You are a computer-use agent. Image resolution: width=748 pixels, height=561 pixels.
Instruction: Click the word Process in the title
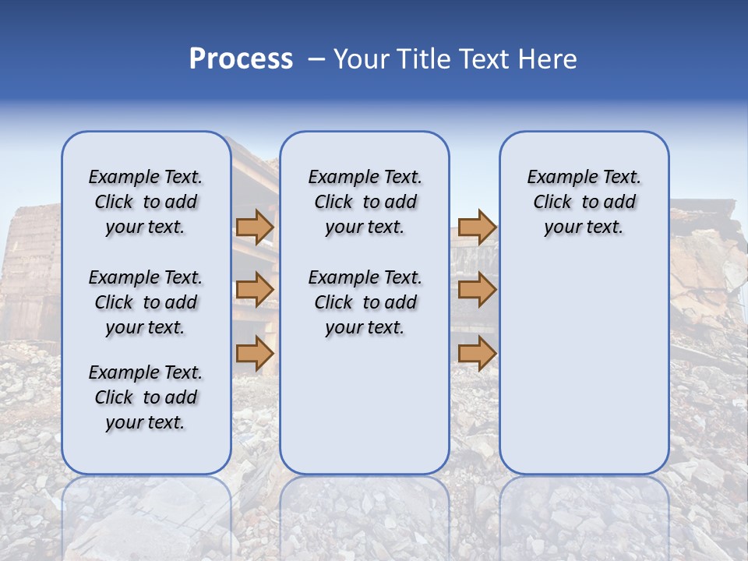point(241,59)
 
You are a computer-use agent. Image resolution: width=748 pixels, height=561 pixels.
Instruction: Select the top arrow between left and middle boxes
point(255,227)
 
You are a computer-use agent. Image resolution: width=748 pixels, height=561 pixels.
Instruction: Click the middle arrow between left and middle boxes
point(255,291)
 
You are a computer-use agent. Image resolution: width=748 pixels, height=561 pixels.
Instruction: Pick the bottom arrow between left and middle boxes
point(255,354)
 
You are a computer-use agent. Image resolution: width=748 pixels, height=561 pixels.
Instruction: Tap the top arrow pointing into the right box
point(477,227)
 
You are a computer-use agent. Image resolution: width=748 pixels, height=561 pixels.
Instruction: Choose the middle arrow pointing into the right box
point(477,291)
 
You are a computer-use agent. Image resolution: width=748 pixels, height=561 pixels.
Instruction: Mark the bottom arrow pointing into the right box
point(477,354)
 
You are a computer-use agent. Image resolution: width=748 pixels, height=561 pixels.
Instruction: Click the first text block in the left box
point(146,202)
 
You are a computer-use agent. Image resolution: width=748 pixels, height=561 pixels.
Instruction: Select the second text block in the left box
point(146,302)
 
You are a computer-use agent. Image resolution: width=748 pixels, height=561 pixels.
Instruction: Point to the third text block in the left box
point(146,397)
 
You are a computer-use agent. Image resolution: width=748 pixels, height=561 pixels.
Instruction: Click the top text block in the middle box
point(365,202)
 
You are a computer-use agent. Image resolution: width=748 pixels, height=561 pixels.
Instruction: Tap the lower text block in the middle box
point(365,302)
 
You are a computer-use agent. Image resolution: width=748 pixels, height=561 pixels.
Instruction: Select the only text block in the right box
point(584,202)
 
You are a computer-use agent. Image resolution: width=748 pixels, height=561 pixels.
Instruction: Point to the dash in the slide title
point(316,59)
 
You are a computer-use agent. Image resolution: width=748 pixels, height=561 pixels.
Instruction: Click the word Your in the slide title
point(362,59)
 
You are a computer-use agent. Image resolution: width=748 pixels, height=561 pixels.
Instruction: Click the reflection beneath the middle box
point(365,514)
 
